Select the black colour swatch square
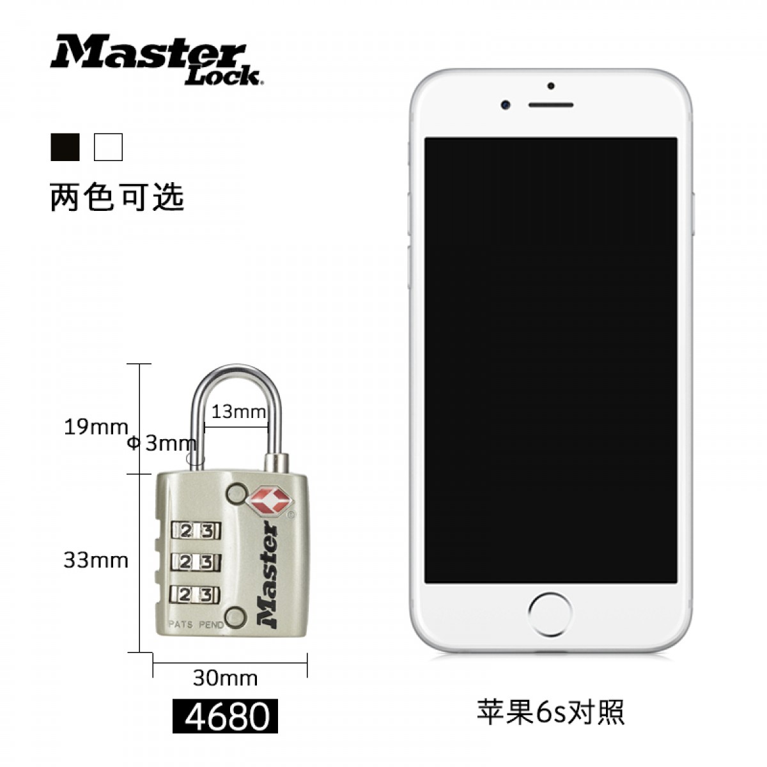click(65, 147)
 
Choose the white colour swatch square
click(108, 147)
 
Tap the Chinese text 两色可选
click(117, 197)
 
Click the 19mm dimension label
click(95, 428)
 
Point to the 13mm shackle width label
click(238, 412)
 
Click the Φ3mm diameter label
click(162, 444)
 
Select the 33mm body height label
click(95, 561)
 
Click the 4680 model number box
click(225, 716)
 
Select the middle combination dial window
click(196, 562)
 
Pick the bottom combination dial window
click(196, 594)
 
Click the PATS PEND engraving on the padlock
click(196, 624)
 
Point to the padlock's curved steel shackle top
click(237, 369)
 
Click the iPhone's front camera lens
click(506, 105)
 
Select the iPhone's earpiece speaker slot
click(551, 105)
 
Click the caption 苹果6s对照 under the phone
click(550, 711)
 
